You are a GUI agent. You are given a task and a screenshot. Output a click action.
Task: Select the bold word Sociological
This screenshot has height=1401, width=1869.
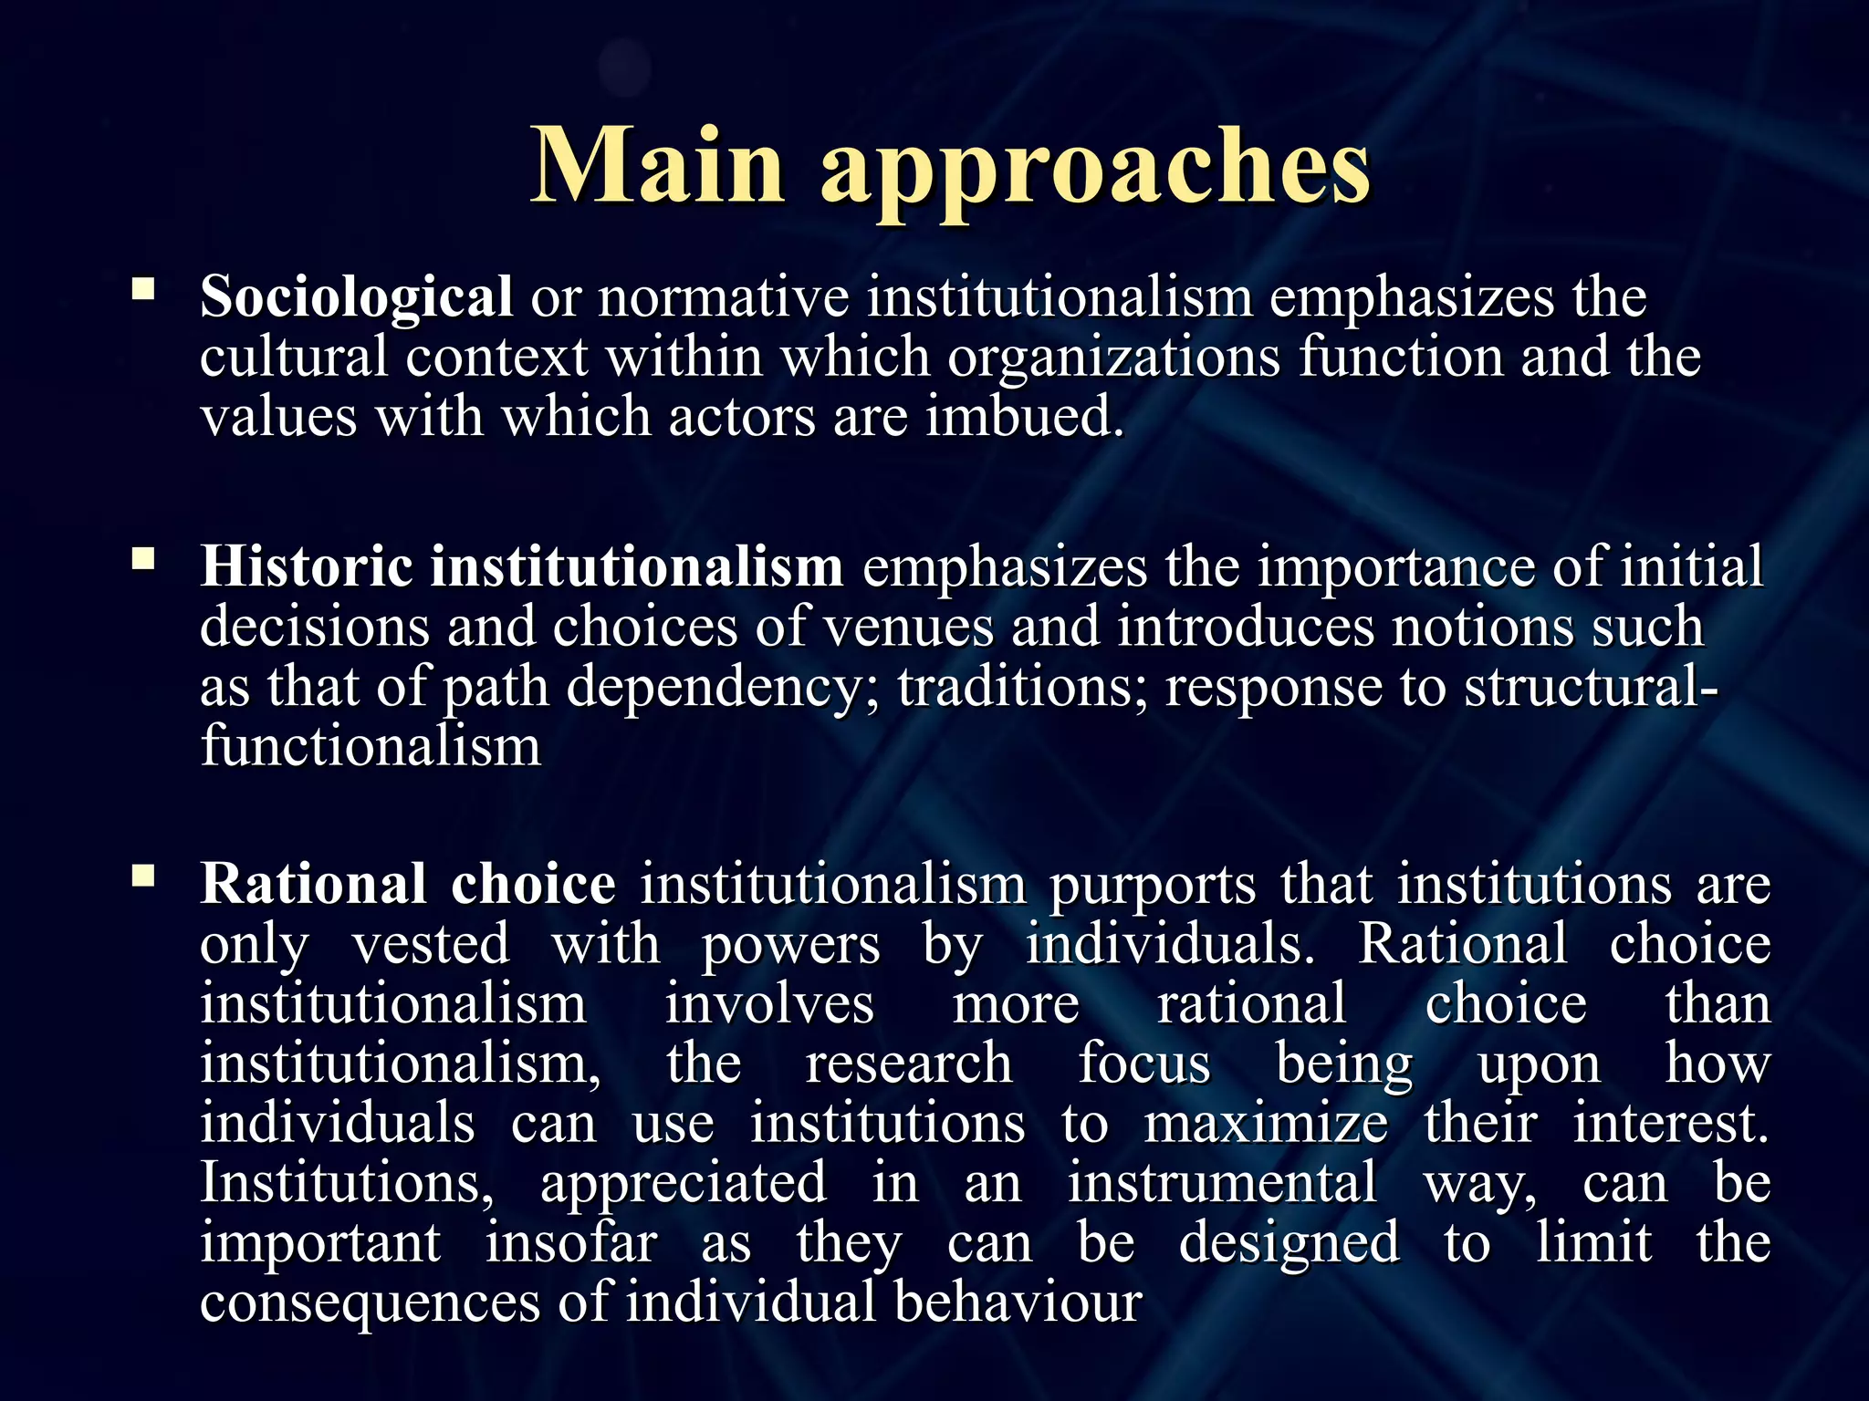click(x=356, y=297)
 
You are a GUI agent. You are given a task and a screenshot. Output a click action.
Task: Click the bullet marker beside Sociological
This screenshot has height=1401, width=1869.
click(x=143, y=290)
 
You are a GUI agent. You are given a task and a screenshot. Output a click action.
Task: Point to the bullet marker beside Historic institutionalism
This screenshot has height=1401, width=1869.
click(x=143, y=558)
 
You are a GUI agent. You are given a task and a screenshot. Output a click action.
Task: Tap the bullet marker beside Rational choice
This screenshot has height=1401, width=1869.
click(x=143, y=876)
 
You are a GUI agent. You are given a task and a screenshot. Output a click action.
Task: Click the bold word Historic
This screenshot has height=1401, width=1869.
click(x=307, y=566)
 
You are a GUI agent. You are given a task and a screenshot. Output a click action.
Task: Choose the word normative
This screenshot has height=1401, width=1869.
click(x=723, y=297)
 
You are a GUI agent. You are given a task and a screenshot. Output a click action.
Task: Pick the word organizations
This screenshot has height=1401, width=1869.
click(x=1113, y=358)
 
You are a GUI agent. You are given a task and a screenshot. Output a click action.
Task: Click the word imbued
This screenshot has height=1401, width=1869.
click(x=1024, y=417)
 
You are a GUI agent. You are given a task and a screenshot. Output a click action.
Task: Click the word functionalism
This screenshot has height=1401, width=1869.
click(x=371, y=746)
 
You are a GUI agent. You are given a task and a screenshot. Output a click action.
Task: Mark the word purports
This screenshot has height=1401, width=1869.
click(x=1152, y=885)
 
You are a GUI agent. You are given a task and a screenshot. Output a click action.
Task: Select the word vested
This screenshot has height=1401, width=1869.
click(x=431, y=945)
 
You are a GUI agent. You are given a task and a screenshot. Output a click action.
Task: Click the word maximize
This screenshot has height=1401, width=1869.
click(x=1267, y=1124)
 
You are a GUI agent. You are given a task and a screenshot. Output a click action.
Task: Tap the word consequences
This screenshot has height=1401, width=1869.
click(x=371, y=1302)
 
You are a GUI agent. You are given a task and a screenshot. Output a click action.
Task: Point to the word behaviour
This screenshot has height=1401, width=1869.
click(x=1018, y=1302)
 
